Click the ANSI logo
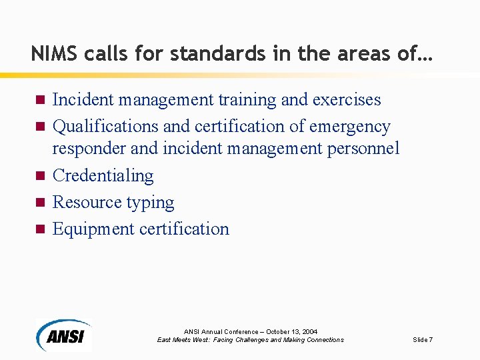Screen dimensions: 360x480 64,335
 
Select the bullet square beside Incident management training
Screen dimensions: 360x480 39,100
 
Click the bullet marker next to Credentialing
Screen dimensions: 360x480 39,176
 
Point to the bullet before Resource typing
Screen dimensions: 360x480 39,203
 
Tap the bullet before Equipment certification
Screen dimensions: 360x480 39,229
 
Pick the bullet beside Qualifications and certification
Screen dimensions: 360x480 39,127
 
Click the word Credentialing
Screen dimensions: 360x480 103,175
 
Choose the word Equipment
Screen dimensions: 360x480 93,229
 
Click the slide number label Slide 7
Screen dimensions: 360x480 423,340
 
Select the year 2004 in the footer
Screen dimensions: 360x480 309,331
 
